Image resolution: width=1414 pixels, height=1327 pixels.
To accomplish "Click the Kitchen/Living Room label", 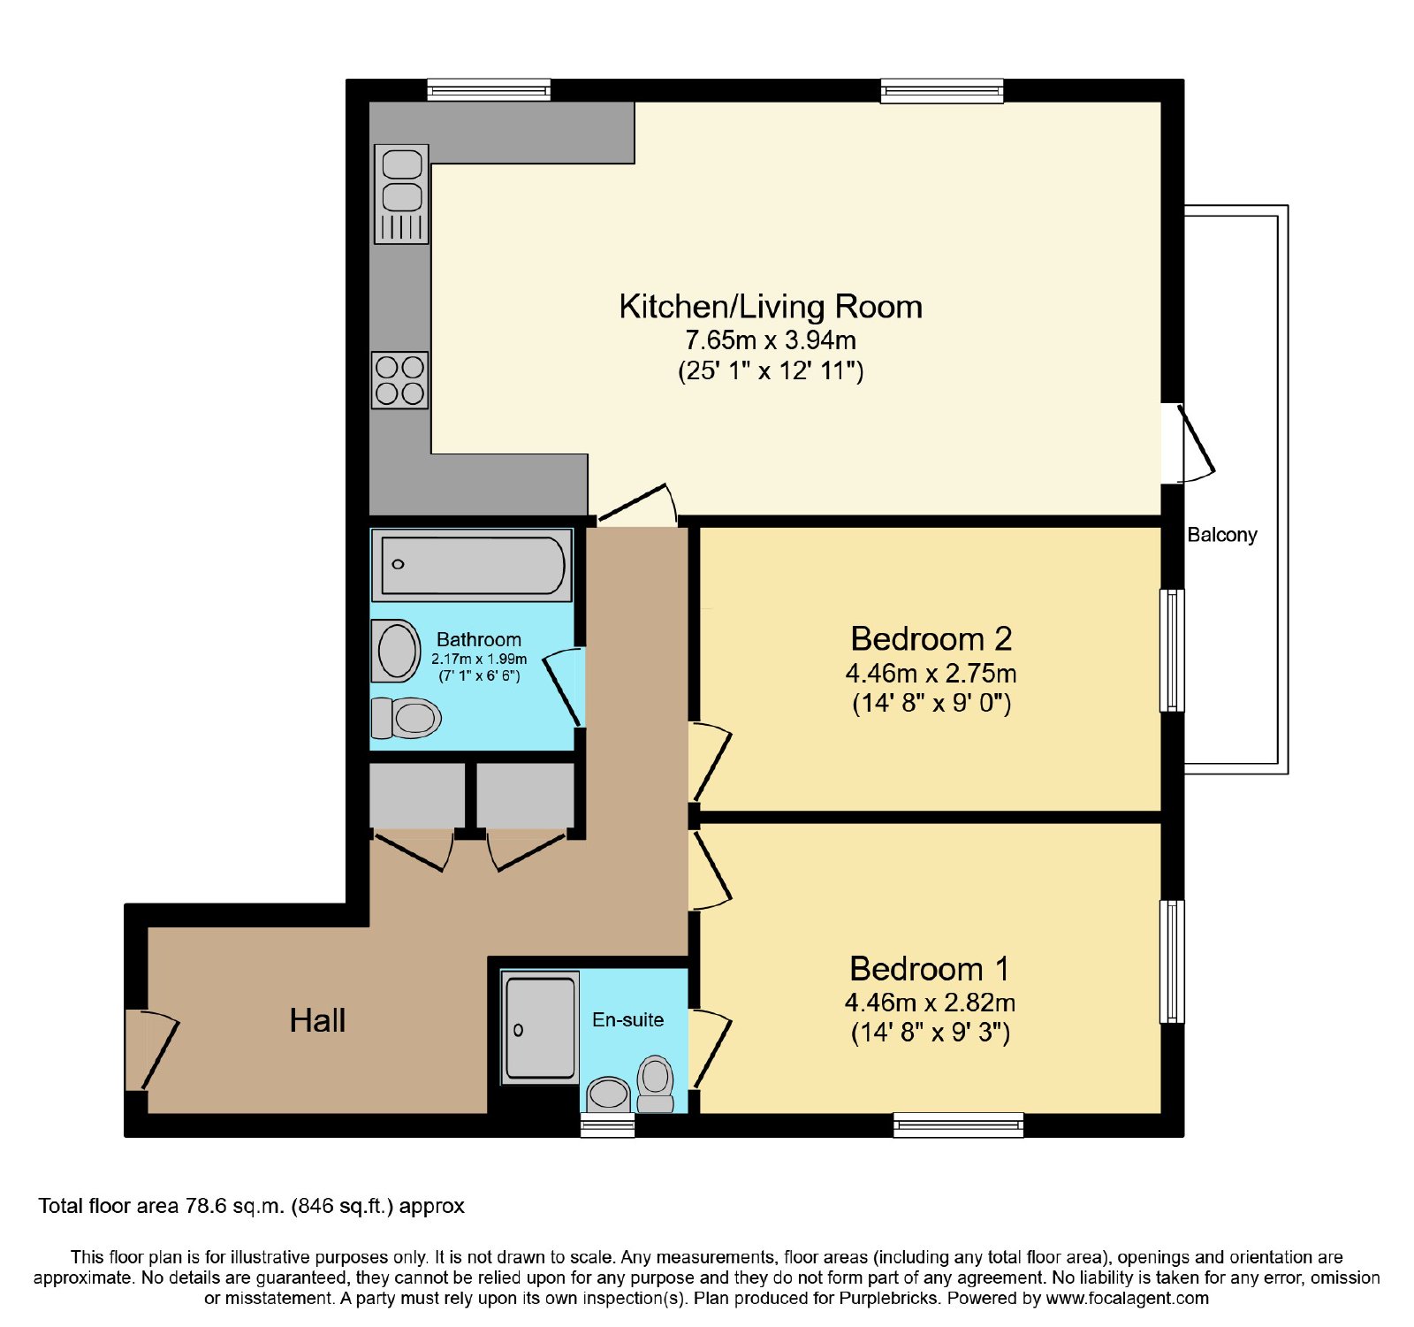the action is click(771, 307).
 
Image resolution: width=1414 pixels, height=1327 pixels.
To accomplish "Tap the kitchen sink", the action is click(402, 194).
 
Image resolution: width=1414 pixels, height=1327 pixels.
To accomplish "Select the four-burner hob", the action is click(400, 380).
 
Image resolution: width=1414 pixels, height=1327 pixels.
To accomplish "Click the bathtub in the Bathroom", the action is click(472, 565).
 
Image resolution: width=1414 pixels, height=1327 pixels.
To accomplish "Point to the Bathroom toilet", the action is click(406, 718).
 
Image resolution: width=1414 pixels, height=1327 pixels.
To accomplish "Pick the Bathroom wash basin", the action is click(396, 651).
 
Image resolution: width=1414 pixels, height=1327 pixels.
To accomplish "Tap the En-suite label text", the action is click(627, 1019).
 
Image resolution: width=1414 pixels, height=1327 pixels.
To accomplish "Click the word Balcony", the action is click(1222, 535).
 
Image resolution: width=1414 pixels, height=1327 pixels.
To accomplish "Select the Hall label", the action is click(317, 1020).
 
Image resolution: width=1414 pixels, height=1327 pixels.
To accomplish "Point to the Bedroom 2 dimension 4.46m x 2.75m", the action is click(931, 674).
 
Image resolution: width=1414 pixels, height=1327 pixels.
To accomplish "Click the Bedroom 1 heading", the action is click(929, 969).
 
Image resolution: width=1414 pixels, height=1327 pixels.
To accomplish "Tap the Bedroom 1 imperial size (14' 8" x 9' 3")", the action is click(931, 1033).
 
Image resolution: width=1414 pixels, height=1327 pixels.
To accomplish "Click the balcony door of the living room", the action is click(1189, 444).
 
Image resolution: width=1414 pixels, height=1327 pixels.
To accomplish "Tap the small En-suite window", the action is click(607, 1125).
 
